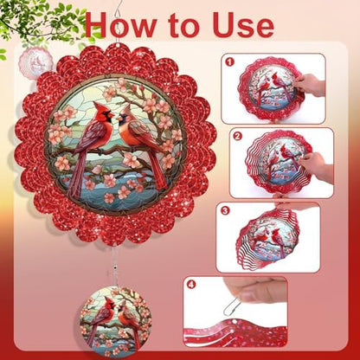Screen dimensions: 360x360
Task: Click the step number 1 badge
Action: pos(230,61)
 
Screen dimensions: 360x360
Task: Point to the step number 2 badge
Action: pos(238,136)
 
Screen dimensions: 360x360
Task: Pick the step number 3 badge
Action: pos(225,210)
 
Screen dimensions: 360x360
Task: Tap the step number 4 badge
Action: pos(191,285)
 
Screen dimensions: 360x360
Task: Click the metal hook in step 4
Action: pos(231,307)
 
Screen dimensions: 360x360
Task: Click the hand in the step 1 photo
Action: pos(309,84)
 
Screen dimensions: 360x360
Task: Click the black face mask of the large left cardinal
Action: pos(108,116)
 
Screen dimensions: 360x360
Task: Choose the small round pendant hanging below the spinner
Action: pos(115,321)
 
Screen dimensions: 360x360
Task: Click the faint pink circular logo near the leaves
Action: pos(35,63)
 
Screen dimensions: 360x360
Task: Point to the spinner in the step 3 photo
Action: pos(267,238)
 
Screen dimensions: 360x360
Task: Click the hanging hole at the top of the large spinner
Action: pos(119,46)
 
